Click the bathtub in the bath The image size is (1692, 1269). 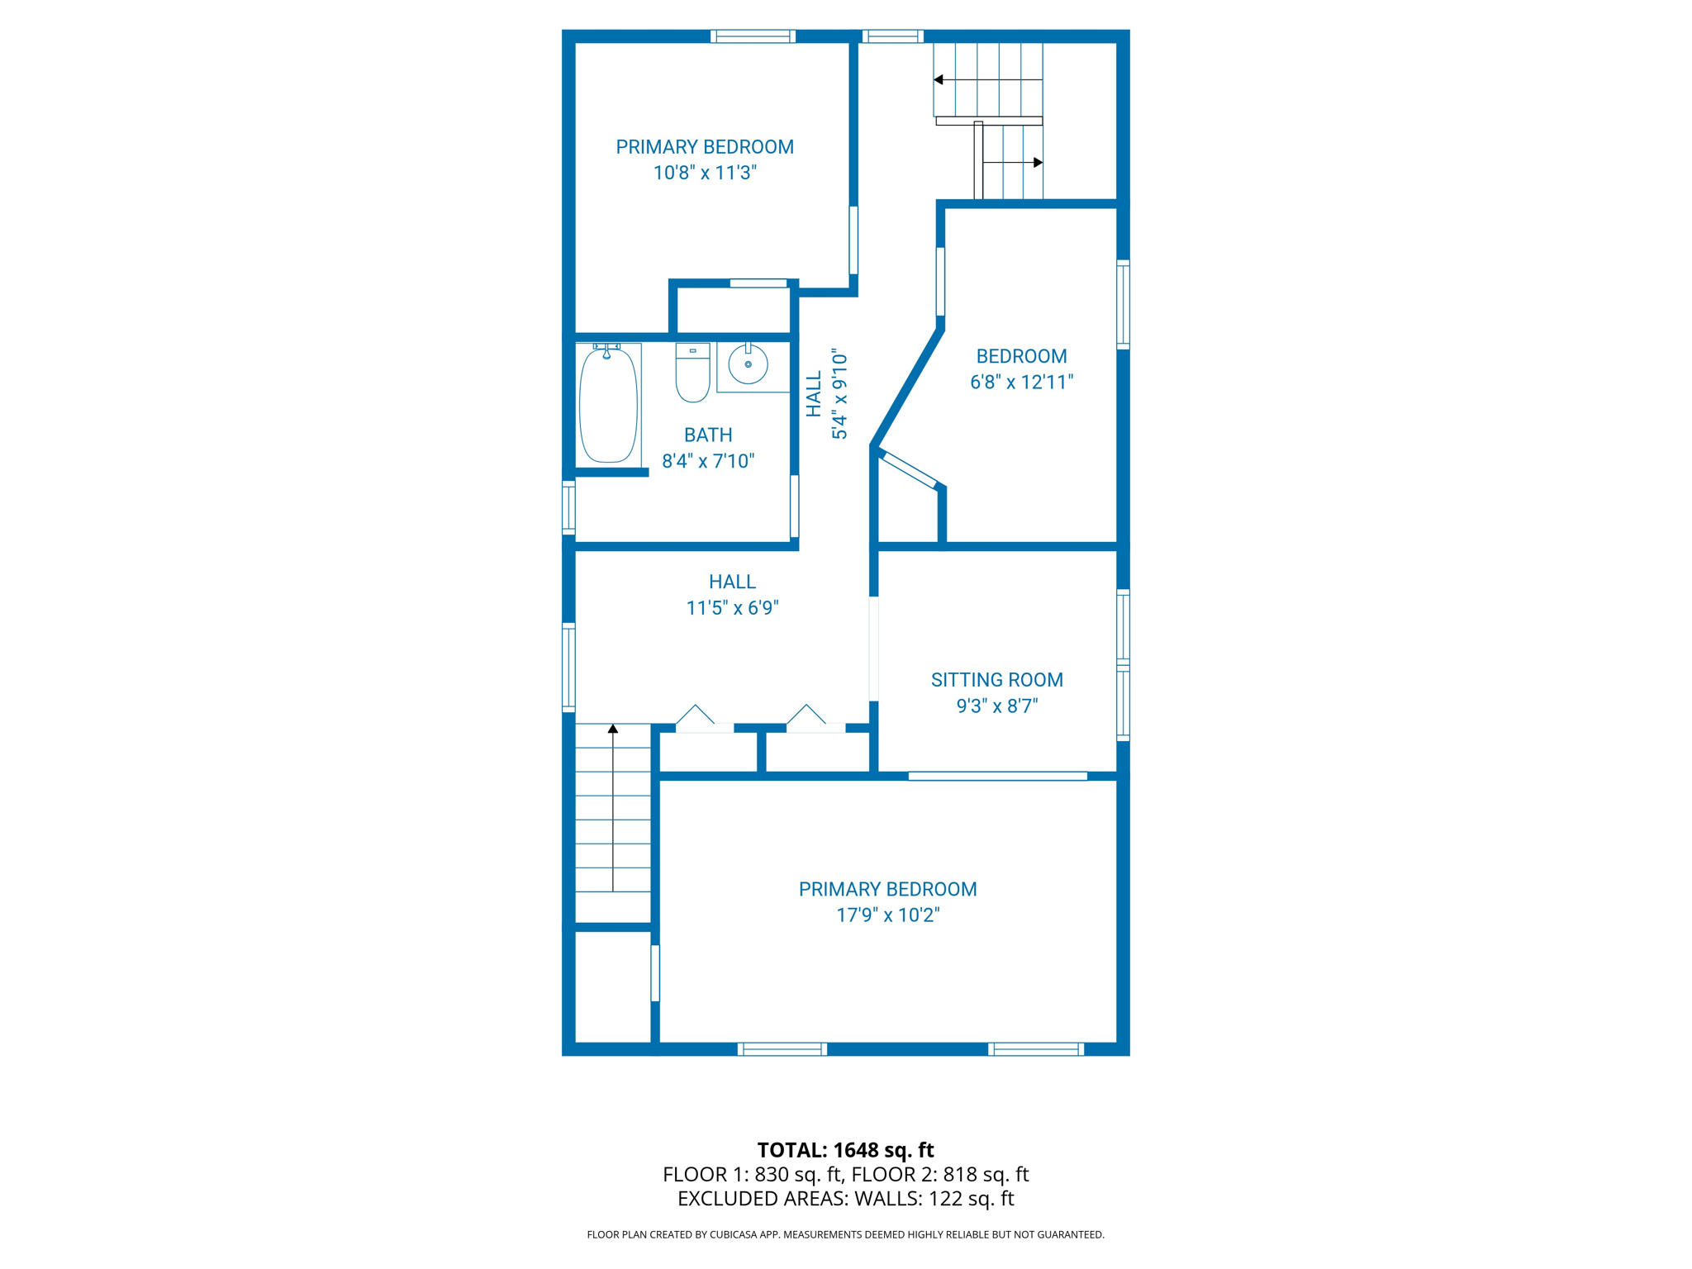609,406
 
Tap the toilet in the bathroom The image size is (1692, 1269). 692,374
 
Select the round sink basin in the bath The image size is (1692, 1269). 748,364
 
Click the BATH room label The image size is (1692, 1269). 708,435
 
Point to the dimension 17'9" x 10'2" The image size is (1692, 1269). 888,915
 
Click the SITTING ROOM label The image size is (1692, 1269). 996,680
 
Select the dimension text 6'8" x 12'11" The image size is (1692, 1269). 1021,382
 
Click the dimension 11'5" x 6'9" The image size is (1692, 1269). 732,608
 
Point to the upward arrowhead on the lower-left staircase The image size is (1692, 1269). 613,729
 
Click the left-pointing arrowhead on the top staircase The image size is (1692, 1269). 939,80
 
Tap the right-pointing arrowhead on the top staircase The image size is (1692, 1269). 1038,163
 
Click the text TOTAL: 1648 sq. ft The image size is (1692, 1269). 845,1150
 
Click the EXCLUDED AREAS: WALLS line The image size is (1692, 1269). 845,1198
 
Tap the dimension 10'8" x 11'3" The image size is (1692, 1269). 705,173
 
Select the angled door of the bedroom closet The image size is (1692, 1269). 909,470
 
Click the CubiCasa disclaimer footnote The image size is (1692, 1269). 845,1234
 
